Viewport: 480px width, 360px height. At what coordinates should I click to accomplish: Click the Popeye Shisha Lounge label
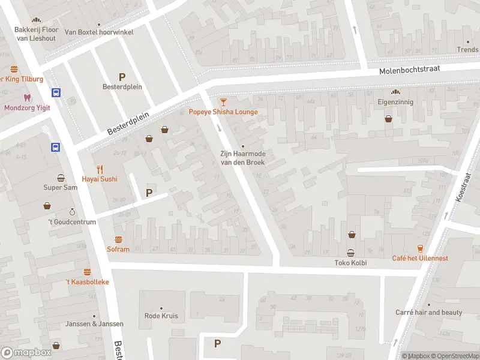223,112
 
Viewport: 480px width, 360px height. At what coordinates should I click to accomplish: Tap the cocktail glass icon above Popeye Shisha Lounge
223,102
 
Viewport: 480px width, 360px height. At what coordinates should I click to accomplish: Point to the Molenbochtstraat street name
409,70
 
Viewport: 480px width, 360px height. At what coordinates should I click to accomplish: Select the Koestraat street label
463,187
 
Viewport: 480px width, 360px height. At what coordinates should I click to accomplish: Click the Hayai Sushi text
100,179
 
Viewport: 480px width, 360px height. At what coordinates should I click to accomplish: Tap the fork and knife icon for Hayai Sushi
100,169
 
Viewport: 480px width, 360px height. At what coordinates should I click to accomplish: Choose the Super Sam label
61,187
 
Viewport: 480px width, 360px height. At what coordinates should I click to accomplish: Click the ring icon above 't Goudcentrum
72,212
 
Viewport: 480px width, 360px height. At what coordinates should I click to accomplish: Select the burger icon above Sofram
118,239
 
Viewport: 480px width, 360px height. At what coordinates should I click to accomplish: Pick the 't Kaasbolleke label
87,281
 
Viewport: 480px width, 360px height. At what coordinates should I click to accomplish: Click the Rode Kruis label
161,316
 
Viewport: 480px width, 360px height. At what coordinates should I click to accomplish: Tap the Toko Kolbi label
350,263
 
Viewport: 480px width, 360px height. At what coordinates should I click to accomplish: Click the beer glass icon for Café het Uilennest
420,248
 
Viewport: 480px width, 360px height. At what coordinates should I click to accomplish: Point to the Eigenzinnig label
395,103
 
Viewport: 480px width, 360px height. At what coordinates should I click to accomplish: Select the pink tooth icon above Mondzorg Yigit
26,97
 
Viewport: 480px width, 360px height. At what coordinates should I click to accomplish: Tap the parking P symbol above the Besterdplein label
122,76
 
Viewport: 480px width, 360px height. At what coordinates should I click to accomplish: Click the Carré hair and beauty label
428,313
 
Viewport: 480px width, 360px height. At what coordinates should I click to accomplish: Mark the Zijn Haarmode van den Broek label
243,158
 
